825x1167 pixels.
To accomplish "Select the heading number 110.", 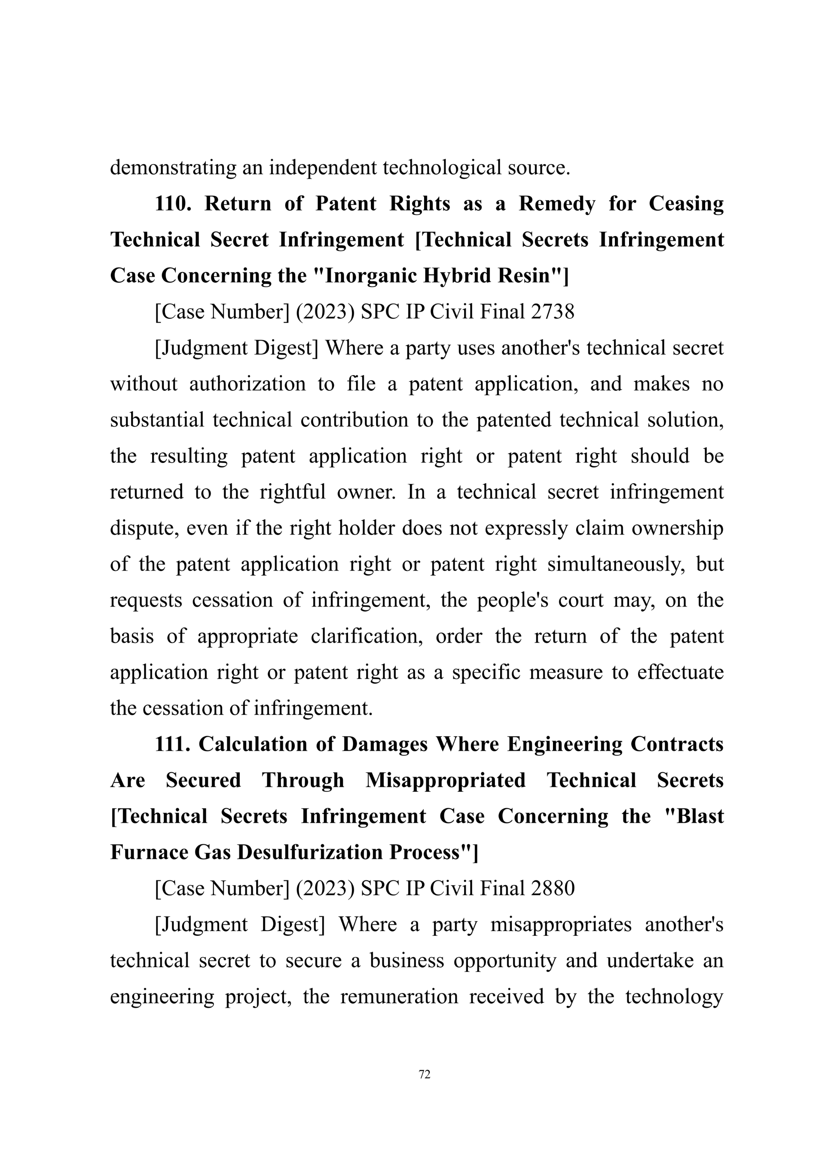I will pyautogui.click(x=173, y=204).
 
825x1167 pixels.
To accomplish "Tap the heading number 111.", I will pyautogui.click(x=173, y=744).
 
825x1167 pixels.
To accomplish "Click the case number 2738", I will pyautogui.click(x=552, y=312).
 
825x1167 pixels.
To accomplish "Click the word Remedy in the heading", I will pyautogui.click(x=556, y=204).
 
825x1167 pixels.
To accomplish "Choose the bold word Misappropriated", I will pyautogui.click(x=445, y=780).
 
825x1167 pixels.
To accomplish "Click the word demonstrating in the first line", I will pyautogui.click(x=173, y=167).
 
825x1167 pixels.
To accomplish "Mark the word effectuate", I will pyautogui.click(x=680, y=672).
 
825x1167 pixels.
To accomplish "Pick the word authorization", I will pyautogui.click(x=247, y=384).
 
